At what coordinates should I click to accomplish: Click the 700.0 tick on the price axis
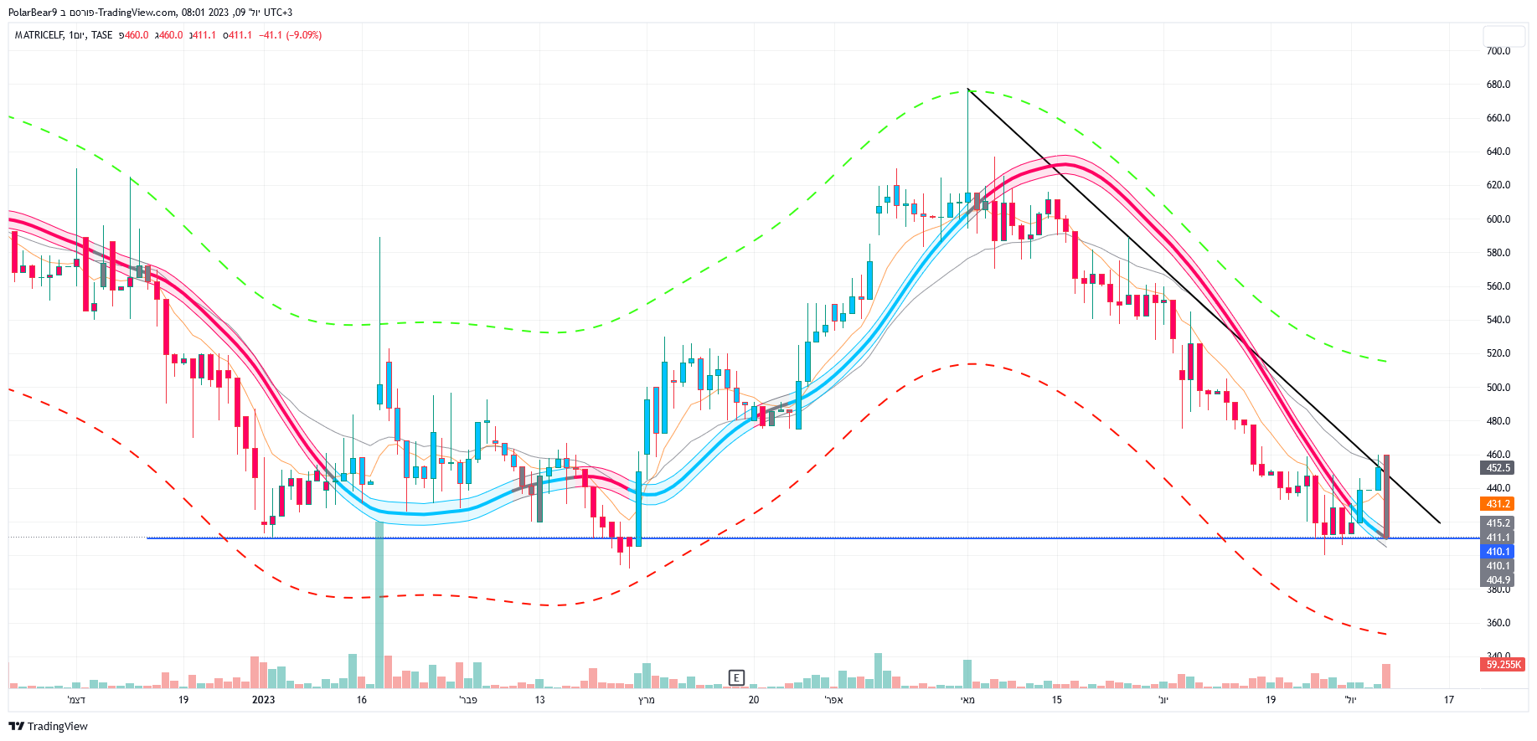1498,51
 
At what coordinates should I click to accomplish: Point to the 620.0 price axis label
1498,185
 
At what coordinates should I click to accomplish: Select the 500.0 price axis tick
1498,388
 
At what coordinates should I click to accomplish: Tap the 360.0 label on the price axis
1498,623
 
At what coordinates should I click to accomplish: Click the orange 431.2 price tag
1498,504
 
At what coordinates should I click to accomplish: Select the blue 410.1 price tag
1498,552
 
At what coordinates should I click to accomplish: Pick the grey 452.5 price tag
1498,468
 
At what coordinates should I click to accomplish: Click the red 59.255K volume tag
1503,665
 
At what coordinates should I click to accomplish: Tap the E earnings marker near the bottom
736,677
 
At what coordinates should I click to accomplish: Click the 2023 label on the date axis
263,700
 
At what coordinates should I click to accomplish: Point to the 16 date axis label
361,700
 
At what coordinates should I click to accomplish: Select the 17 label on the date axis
1448,700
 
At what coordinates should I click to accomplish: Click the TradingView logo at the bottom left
48,726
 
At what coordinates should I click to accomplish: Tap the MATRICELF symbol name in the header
39,35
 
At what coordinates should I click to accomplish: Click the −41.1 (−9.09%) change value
290,35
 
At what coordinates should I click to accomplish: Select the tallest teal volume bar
379,603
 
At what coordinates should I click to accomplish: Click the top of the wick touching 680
967,89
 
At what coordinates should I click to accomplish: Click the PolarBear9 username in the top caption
32,13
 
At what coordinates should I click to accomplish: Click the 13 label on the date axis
539,700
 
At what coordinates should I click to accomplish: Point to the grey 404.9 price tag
1498,580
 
